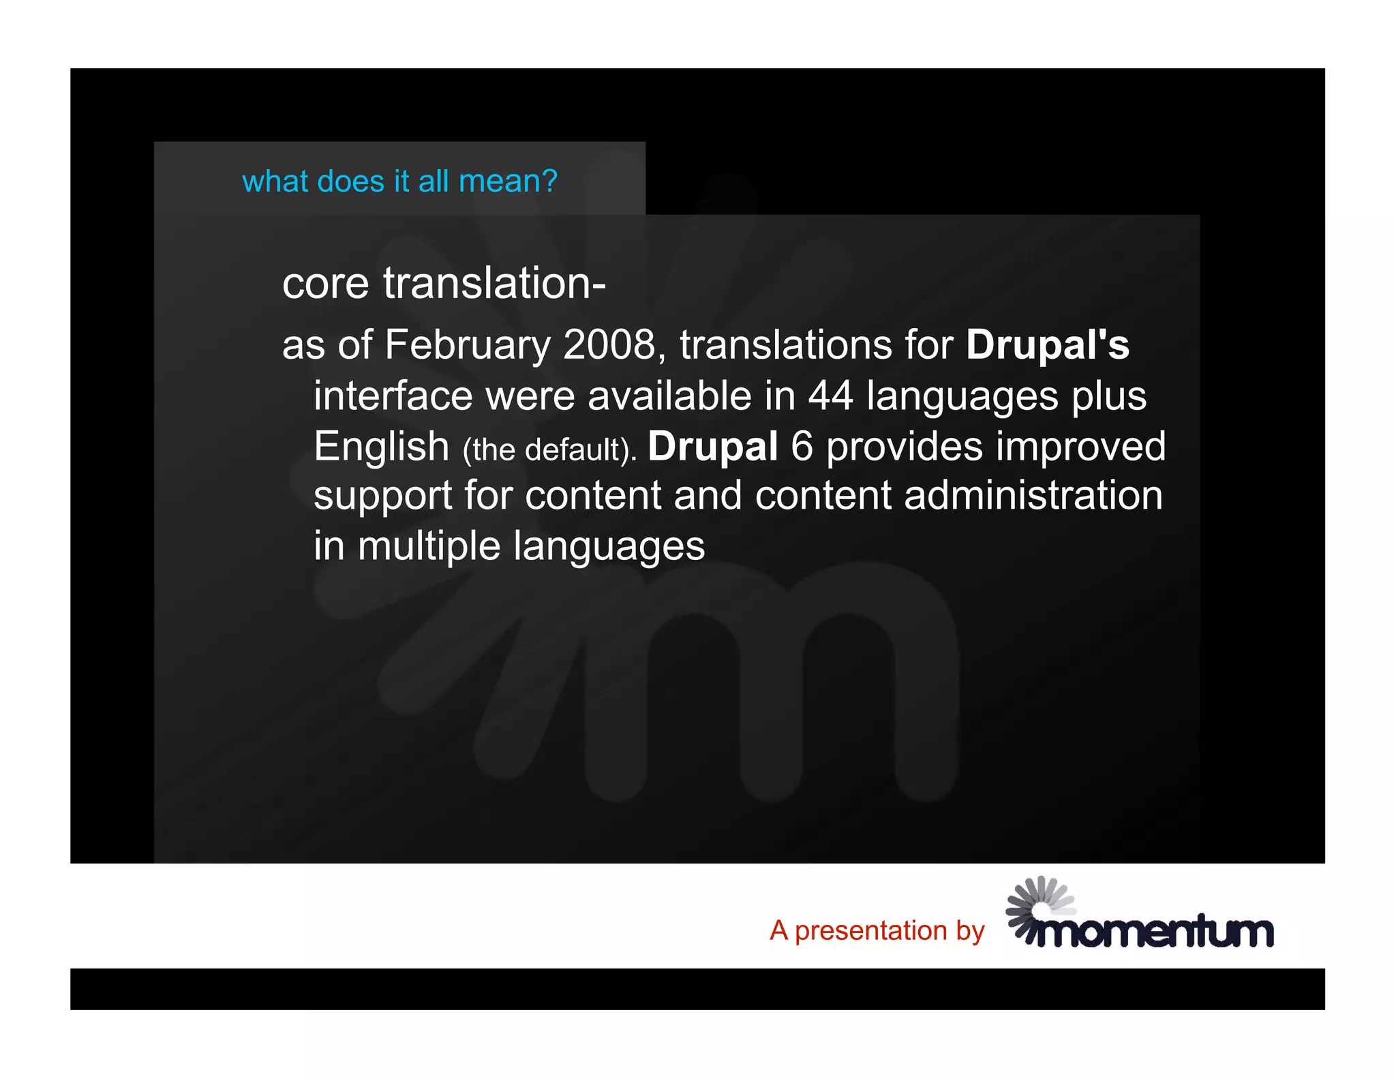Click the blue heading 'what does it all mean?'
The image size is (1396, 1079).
point(399,181)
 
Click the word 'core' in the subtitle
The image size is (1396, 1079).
point(325,283)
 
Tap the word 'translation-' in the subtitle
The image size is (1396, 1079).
point(494,283)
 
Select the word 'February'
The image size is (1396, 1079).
point(467,344)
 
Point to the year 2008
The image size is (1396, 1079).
point(609,344)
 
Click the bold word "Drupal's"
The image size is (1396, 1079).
point(1047,344)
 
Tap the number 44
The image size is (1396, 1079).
point(830,396)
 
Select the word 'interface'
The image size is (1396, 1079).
point(393,396)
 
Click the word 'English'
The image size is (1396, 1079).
point(381,447)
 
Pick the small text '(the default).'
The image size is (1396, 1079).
point(549,450)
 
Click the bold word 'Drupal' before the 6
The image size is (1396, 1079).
point(712,447)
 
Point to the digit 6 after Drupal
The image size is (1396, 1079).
point(802,447)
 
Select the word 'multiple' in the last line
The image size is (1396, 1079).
point(429,546)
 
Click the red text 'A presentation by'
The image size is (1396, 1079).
point(877,930)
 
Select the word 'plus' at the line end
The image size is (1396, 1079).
point(1108,397)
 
